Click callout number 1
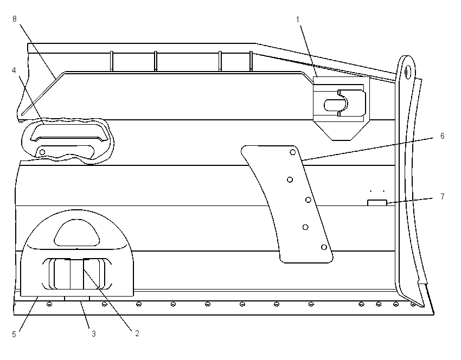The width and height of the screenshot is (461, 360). [x=298, y=20]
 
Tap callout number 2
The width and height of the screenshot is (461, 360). [x=137, y=333]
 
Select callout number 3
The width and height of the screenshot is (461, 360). [x=93, y=334]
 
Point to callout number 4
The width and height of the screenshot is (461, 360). [x=14, y=70]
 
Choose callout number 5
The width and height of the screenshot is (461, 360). [x=14, y=335]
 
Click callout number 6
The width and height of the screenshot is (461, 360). [x=442, y=136]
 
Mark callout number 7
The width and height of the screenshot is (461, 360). [x=443, y=196]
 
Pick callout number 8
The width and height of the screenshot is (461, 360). [x=15, y=19]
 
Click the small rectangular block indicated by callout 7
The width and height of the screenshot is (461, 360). [x=377, y=202]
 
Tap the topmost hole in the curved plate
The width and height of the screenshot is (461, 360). [x=292, y=152]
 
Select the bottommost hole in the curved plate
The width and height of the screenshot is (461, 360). [x=324, y=247]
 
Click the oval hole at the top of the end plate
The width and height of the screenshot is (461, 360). [x=408, y=71]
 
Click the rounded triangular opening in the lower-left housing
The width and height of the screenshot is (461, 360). [x=77, y=233]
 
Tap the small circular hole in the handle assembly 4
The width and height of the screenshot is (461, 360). [x=42, y=152]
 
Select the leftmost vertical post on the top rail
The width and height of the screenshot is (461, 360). [x=112, y=61]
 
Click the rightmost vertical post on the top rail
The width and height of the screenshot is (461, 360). [x=251, y=61]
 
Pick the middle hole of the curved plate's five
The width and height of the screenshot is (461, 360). [x=308, y=200]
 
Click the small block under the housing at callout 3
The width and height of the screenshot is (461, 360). [x=77, y=299]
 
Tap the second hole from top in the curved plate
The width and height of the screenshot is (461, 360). [x=290, y=179]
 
